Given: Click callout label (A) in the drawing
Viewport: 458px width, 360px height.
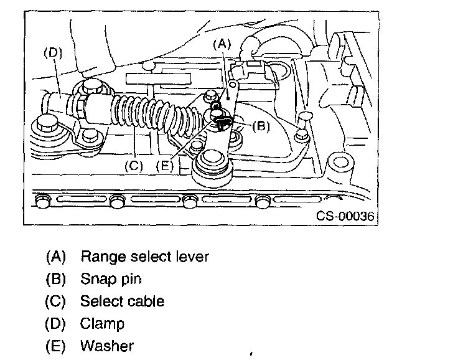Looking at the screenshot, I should click(222, 44).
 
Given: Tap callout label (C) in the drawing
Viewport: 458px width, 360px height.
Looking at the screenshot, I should click(133, 166).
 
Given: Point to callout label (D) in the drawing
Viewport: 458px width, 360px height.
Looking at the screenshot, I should click(52, 54).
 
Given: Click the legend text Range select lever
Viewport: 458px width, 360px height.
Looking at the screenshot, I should click(144, 257).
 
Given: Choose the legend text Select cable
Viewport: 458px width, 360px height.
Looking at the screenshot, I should click(122, 301).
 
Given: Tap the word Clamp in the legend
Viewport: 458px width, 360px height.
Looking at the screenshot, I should click(102, 324).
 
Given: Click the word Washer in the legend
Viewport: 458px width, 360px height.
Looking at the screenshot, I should click(106, 346).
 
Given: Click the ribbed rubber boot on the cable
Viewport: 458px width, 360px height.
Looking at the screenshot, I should click(149, 118).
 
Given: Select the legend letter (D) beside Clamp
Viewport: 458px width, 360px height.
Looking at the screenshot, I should click(55, 324).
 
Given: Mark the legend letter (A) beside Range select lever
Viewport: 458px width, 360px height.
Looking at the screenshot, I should click(55, 257).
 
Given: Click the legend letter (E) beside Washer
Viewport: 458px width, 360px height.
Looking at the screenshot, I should click(55, 346).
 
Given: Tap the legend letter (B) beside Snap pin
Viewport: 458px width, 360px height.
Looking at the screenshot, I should click(55, 279).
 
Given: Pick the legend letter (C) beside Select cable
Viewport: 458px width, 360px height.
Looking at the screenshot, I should click(55, 301).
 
